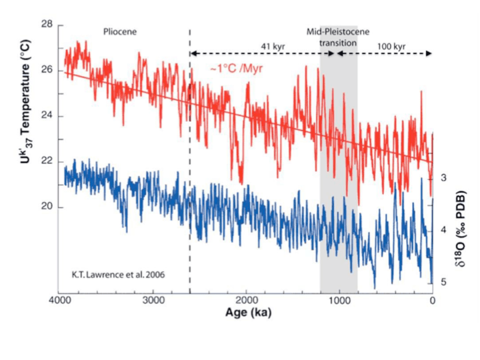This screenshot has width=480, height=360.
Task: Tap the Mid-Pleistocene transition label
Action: [x=339, y=37]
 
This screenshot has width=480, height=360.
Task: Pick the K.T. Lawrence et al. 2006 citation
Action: [x=110, y=274]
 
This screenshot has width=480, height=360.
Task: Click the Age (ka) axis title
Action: [x=247, y=311]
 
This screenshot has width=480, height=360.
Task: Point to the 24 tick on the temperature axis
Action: [x=47, y=116]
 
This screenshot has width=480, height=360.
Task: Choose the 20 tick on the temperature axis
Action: [x=47, y=207]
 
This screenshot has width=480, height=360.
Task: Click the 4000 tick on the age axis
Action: [x=61, y=301]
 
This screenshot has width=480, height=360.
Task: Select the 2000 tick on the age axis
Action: [x=247, y=301]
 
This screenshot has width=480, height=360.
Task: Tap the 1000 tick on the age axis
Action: [x=340, y=301]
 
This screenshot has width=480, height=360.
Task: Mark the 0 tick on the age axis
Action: [x=433, y=301]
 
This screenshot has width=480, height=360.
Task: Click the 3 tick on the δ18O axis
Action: [x=443, y=178]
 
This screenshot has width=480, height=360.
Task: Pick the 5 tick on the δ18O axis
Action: [x=443, y=282]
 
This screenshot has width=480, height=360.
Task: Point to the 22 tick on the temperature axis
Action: [x=47, y=161]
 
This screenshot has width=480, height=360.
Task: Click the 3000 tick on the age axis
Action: [x=154, y=301]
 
